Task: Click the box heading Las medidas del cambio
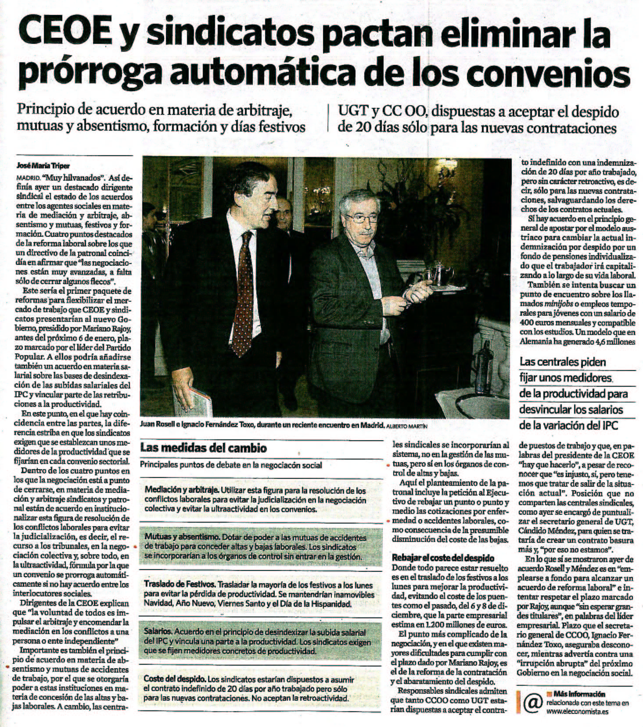point(203,448)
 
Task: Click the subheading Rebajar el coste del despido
point(443,558)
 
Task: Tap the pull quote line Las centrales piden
point(563,362)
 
